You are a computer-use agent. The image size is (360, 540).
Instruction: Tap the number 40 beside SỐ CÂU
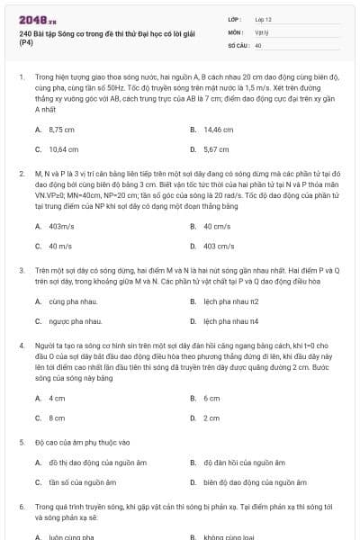[258, 44]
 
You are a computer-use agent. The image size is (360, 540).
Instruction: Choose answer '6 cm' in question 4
[211, 398]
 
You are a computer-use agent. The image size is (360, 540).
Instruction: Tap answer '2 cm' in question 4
[211, 418]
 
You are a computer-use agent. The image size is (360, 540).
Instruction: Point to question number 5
[22, 443]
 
